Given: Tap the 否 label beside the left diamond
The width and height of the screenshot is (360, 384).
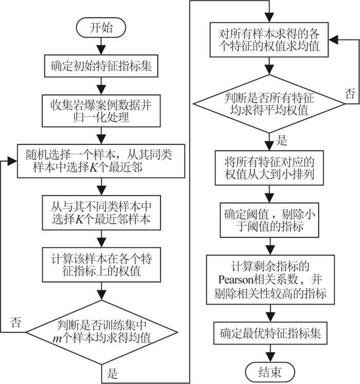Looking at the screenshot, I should [x=15, y=323].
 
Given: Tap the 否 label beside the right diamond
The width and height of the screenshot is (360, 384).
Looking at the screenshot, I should [x=349, y=94].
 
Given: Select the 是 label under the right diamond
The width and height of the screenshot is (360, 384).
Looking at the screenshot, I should [x=281, y=140].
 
